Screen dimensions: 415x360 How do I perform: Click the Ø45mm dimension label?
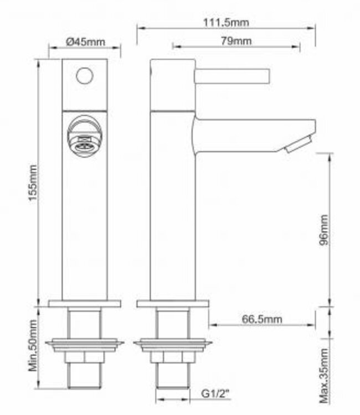[x=85, y=42]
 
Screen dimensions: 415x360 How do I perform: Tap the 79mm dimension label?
[x=236, y=41]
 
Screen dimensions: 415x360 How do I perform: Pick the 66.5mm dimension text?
[x=262, y=319]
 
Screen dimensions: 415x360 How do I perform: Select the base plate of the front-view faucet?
[x=85, y=303]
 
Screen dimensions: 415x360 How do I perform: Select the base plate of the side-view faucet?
[x=173, y=303]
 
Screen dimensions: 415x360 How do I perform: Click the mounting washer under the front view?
[x=85, y=345]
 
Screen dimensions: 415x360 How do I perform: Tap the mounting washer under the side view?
[x=173, y=345]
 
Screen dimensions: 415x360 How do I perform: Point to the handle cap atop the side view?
[x=173, y=83]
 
